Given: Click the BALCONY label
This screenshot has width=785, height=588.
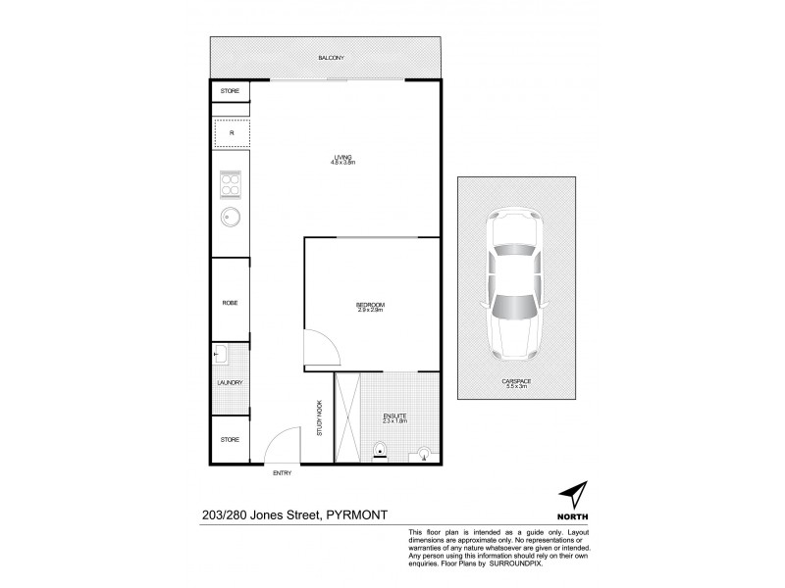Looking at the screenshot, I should click(331, 59).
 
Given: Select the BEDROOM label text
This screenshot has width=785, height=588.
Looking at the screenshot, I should click(370, 307).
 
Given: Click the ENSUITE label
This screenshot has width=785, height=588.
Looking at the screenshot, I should click(394, 417).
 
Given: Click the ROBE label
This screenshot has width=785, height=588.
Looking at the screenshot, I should click(230, 303).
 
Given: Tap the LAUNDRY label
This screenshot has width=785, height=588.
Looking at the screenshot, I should click(230, 383).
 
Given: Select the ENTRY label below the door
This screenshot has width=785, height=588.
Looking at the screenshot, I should click(284, 473).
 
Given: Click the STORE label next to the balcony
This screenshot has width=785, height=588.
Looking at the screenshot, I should click(230, 92).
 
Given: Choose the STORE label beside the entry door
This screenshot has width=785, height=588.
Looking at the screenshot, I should click(230, 439).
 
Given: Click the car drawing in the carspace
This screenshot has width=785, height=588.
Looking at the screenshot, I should click(514, 284).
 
